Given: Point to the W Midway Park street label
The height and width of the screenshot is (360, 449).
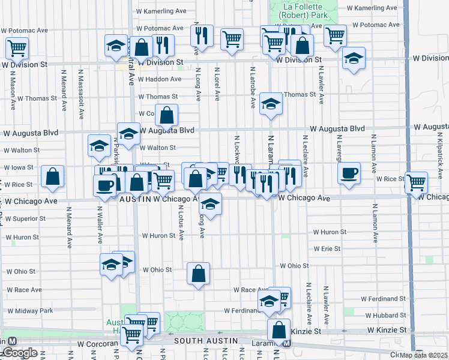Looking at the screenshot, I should [x=29, y=311].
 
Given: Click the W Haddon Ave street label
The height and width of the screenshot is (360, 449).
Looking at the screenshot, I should [x=159, y=79].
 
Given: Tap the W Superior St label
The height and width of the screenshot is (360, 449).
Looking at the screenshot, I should [x=23, y=219].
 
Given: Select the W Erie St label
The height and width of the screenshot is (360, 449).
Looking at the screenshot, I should [x=327, y=248].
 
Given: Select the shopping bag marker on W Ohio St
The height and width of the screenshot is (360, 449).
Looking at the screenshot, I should [x=198, y=274].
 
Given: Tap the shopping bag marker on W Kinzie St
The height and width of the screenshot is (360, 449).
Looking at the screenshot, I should [x=279, y=330].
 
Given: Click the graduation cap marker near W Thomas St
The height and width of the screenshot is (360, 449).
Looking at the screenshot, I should [x=271, y=105].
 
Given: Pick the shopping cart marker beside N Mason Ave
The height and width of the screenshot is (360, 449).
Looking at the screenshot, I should [x=17, y=47].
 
